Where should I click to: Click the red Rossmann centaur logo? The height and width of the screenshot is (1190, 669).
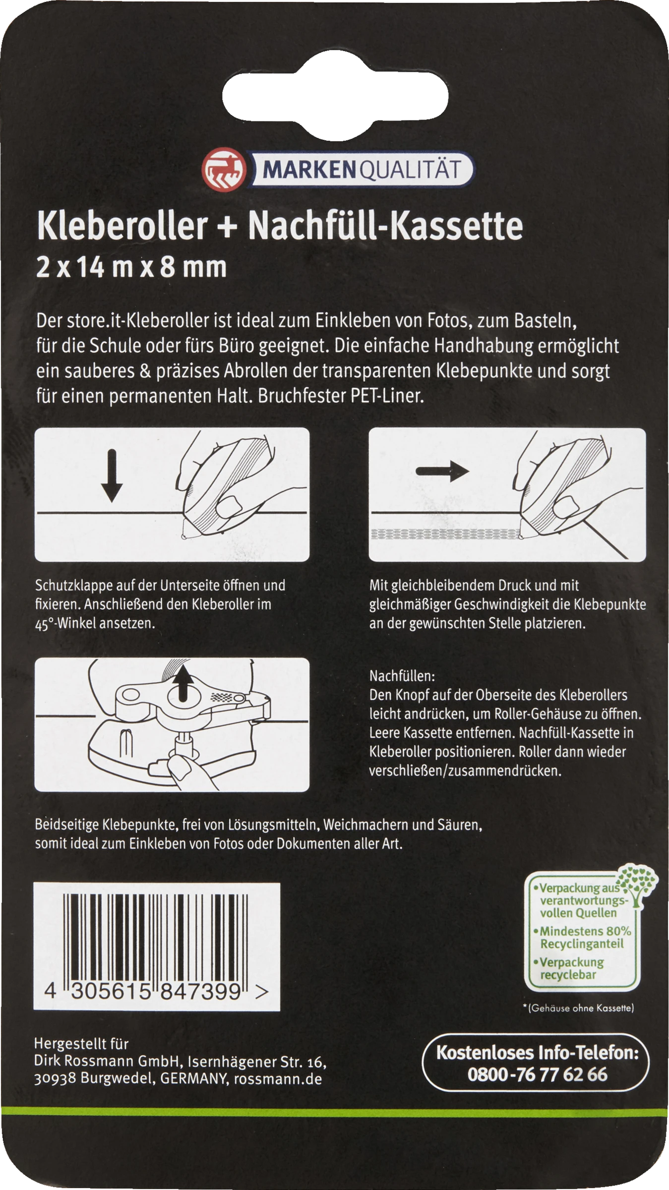pyautogui.click(x=223, y=169)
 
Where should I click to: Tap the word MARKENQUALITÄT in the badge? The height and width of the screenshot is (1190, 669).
pyautogui.click(x=362, y=170)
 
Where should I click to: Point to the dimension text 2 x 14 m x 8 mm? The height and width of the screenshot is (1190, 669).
pyautogui.click(x=131, y=268)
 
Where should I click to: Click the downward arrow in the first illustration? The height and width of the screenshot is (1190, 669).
pyautogui.click(x=112, y=476)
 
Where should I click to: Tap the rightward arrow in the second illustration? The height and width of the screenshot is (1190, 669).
pyautogui.click(x=442, y=471)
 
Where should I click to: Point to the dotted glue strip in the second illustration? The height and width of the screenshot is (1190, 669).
pyautogui.click(x=445, y=534)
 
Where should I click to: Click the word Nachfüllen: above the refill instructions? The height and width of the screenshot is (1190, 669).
pyautogui.click(x=402, y=676)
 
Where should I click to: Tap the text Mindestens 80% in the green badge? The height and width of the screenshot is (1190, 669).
pyautogui.click(x=585, y=931)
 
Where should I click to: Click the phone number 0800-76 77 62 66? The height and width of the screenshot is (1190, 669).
pyautogui.click(x=537, y=1074)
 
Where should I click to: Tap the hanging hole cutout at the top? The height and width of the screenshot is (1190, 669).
pyautogui.click(x=335, y=93)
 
